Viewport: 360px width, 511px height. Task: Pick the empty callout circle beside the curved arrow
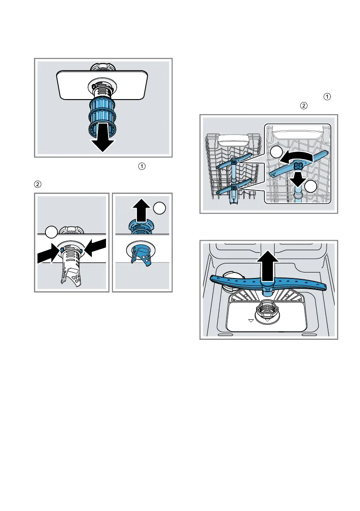[277, 152]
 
